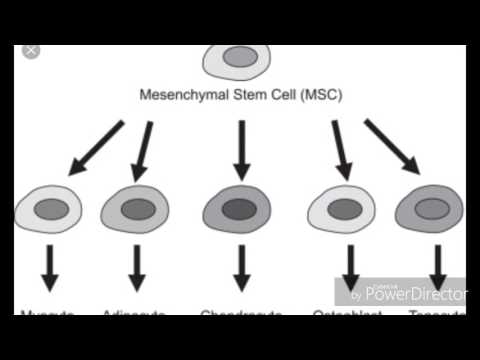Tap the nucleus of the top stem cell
pos(239,57)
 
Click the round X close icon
pos(30,49)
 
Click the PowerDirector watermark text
pos(415,294)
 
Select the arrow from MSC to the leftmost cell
pos(95,148)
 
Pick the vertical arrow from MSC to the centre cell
pos(240,150)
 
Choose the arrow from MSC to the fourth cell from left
pos(341,150)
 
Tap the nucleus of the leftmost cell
pos(51,210)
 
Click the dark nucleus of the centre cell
pos(239,210)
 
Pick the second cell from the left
pos(135,210)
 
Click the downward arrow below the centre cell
pos(240,268)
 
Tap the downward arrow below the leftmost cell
pos(46,268)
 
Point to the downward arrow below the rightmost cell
pos(437,268)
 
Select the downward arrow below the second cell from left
pos(137,268)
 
